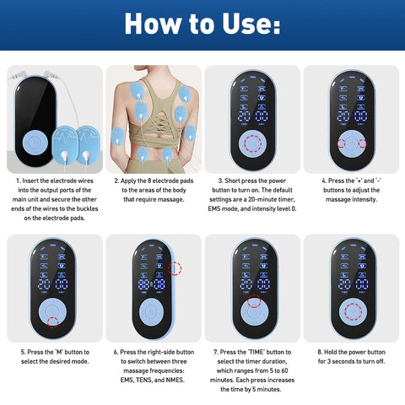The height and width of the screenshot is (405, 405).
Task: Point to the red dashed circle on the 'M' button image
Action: pos(52,321)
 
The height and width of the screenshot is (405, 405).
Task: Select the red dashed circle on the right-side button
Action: pos(175,268)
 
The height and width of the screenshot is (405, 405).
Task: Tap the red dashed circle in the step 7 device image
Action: pos(251,302)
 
